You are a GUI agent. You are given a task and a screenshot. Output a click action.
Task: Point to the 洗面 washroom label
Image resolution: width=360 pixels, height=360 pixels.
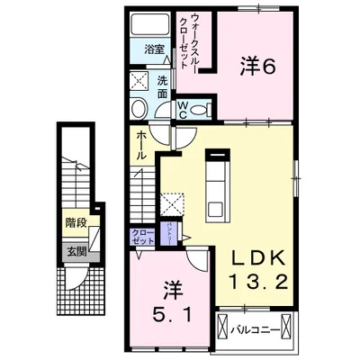point(162,85)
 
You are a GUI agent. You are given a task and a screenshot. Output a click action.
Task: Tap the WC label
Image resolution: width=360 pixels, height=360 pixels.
point(181,109)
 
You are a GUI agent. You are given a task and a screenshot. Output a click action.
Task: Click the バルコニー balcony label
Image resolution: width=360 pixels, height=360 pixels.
point(256,329)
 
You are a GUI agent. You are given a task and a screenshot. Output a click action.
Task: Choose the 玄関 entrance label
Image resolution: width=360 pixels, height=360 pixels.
point(75,251)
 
